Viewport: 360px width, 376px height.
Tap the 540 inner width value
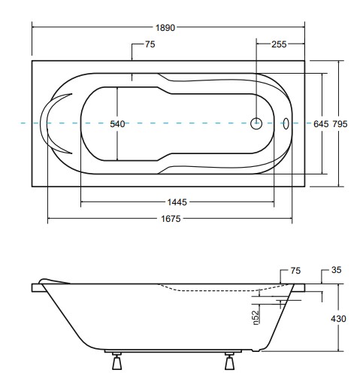point(117,124)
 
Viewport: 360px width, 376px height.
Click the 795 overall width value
point(340,124)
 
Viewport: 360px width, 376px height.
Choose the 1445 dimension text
point(177,202)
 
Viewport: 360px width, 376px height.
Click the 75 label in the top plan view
point(150,45)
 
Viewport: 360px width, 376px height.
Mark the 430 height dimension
point(339,319)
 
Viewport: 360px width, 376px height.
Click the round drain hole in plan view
point(256,123)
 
